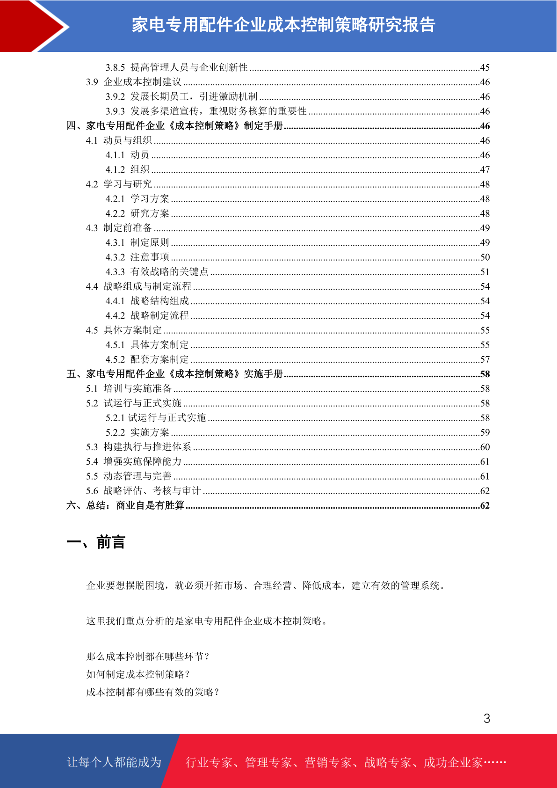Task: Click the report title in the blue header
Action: [x=283, y=25]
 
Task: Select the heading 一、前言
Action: [x=96, y=542]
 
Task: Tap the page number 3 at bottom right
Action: [x=487, y=719]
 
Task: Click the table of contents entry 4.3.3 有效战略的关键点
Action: [x=157, y=272]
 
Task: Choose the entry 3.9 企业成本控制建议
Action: [x=134, y=82]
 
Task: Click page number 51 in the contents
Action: [x=485, y=272]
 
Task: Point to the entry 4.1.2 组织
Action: [x=127, y=169]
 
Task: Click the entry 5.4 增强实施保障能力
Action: [x=134, y=461]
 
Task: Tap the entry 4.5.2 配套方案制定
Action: [x=147, y=359]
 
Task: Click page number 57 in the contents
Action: [x=485, y=359]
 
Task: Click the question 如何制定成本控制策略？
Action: [x=138, y=674]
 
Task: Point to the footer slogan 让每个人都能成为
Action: [x=114, y=762]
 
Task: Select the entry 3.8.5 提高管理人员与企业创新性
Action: [x=176, y=67]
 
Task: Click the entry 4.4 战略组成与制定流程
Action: [x=138, y=286]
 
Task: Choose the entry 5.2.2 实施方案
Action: [x=137, y=432]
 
